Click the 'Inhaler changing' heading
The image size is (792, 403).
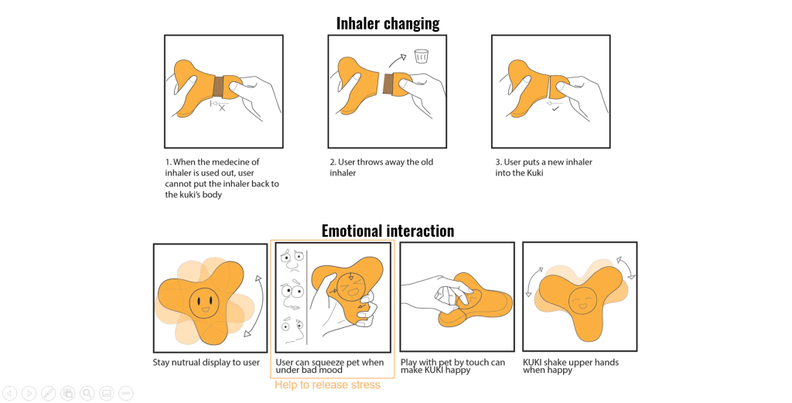coord(388,23)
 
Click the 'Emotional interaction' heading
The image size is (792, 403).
coord(388,231)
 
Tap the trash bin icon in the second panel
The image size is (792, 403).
coord(421,56)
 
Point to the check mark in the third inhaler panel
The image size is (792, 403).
coord(555,108)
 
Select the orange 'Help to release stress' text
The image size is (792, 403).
coord(327,384)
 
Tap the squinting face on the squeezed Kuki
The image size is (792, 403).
coord(351,287)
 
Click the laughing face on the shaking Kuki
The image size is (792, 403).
coord(584,302)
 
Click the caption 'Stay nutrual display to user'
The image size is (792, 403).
coord(206,363)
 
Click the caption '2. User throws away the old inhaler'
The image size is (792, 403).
coord(381,167)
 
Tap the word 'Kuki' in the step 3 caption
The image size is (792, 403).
coord(534,172)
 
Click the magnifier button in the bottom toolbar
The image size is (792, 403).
coord(87,393)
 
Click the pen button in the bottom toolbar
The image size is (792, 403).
coord(48,393)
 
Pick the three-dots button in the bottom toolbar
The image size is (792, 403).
coord(126,393)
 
